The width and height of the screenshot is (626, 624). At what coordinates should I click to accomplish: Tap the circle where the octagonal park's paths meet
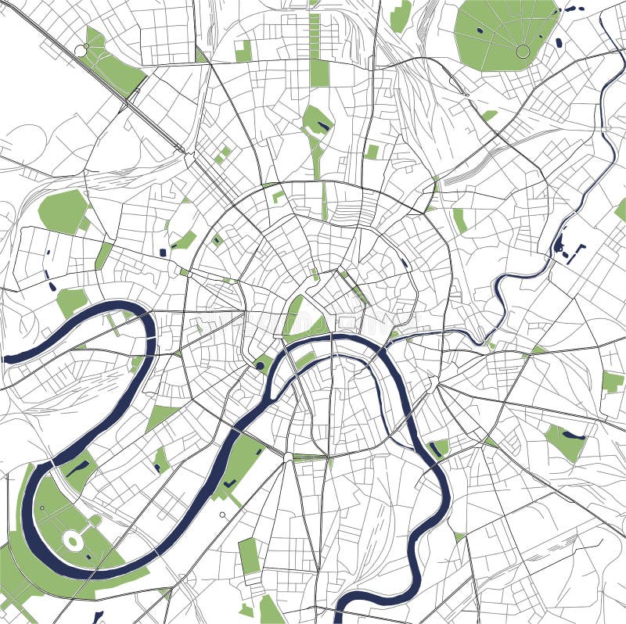tap(523, 52)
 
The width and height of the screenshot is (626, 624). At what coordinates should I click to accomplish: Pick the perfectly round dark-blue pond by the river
tap(259, 365)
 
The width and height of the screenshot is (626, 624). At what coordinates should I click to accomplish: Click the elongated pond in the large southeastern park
tap(573, 435)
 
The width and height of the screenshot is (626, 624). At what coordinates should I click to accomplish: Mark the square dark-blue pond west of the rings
tap(163, 253)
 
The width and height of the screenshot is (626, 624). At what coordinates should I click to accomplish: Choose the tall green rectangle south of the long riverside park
tap(249, 554)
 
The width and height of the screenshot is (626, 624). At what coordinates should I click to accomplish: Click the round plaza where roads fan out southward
tap(288, 456)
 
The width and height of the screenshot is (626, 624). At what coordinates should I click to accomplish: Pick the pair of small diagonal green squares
tap(223, 154)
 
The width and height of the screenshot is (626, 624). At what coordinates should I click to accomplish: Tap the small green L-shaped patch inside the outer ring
tap(278, 196)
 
